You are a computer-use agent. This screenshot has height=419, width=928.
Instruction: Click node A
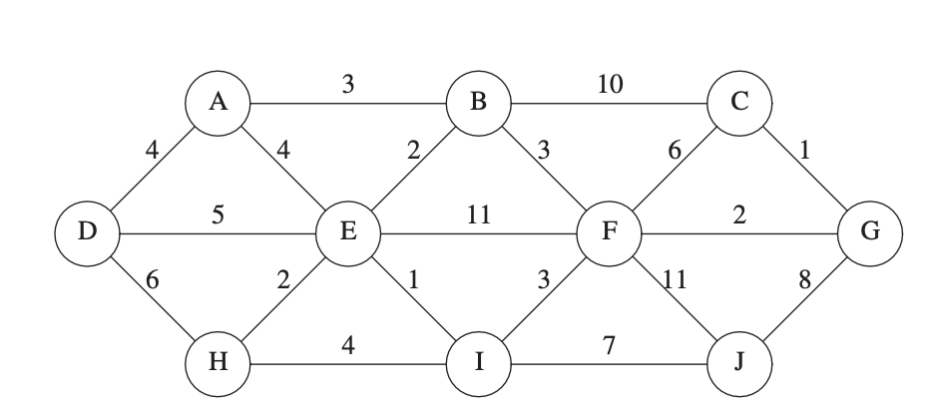click(217, 104)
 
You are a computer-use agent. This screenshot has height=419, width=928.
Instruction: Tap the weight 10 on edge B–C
click(609, 85)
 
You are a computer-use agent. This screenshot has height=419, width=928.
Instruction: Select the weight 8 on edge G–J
click(804, 280)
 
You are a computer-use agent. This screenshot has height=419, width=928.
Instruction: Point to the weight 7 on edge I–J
click(609, 345)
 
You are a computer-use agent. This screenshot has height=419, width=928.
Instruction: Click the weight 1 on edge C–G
click(804, 152)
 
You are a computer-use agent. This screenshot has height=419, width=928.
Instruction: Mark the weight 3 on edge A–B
click(347, 85)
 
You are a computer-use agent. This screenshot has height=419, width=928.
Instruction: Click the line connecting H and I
click(347, 362)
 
